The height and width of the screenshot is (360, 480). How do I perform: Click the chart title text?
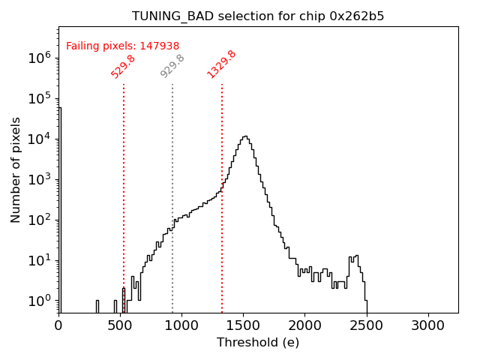[x=258, y=16]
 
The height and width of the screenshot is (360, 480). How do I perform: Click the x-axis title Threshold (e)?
[x=258, y=343]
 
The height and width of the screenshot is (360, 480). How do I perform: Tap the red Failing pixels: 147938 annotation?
[x=122, y=46]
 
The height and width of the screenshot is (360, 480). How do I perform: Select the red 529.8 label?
[x=123, y=66]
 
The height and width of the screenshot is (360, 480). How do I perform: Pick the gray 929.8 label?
[x=172, y=66]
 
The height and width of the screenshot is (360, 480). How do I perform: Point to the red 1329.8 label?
[x=221, y=64]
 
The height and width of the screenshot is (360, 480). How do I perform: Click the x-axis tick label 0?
[x=58, y=325]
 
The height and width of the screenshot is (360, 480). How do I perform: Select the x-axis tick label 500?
[x=120, y=325]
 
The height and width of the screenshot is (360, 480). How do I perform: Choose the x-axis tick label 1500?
[x=243, y=325]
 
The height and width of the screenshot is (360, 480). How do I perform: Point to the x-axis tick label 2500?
[x=366, y=325]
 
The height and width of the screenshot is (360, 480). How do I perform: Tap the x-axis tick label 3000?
[x=427, y=325]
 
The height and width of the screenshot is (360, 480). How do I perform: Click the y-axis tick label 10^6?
[x=39, y=58]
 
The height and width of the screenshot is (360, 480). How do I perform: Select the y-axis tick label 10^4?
[x=39, y=139]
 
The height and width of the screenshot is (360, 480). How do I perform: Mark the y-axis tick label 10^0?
[x=39, y=301]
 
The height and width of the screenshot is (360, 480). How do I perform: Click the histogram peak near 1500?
[x=244, y=137]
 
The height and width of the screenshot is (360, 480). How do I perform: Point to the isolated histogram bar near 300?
[x=97, y=306]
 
